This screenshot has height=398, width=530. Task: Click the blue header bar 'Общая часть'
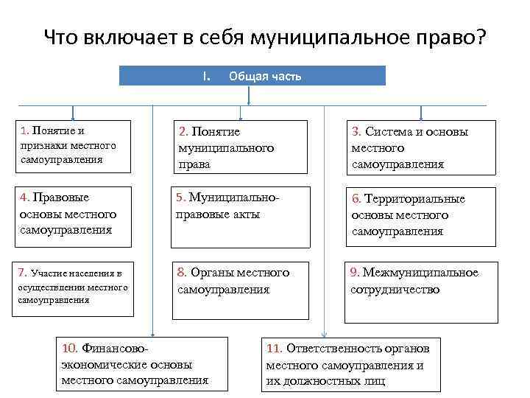pyautogui.click(x=252, y=76)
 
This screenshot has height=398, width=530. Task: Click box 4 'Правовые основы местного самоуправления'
pyautogui.click(x=72, y=214)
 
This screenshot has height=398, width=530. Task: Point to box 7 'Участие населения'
pyautogui.click(x=72, y=287)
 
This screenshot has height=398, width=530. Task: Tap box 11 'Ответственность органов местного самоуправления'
pyautogui.click(x=347, y=363)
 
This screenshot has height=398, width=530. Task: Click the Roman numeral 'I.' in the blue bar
pyautogui.click(x=207, y=76)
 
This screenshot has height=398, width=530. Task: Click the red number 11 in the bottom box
pyautogui.click(x=274, y=348)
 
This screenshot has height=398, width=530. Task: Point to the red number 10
pyautogui.click(x=70, y=348)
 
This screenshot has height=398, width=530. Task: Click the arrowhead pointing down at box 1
pyautogui.click(x=72, y=116)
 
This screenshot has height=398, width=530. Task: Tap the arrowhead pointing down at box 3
pyautogui.click(x=421, y=116)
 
